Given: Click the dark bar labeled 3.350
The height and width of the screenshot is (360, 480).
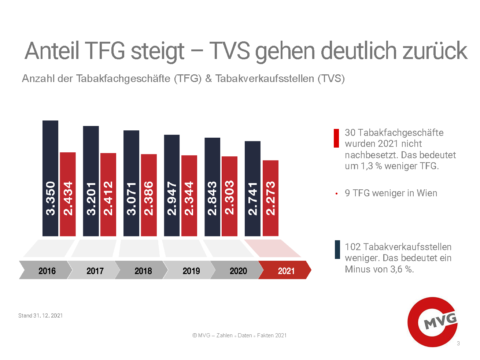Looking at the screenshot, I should coord(50,178).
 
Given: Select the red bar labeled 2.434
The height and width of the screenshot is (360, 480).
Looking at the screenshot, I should coord(68,194).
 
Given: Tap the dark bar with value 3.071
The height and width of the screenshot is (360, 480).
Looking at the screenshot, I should coord(131,183).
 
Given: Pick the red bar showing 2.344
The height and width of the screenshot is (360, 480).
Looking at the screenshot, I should coord(189,196).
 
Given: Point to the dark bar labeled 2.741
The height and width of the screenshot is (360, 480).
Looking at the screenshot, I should coord(252,188).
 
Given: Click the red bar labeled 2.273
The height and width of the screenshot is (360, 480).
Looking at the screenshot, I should coord(270,198).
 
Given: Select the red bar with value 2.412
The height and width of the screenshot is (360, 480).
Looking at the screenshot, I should coord(108,194).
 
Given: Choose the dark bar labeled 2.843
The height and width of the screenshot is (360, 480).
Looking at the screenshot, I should coord(212,187).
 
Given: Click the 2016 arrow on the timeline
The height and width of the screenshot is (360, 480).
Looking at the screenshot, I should coord(46,270).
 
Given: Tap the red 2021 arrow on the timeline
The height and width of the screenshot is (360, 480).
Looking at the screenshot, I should coord(285,270).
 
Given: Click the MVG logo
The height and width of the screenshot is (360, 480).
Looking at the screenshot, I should coord(433,322).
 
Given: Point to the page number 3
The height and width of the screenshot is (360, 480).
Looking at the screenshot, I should coord(458,344).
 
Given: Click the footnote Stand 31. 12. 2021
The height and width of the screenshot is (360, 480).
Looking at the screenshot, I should coord(40,316).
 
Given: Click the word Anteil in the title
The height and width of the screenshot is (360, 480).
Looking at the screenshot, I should coord(52,51).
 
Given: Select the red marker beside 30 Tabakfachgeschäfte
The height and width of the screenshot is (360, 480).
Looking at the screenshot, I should coord(336,138).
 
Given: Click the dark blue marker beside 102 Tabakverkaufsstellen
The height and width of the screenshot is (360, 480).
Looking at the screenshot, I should coord(337,250).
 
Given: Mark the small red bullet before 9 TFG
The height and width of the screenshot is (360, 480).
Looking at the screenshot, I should coord(336,193).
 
